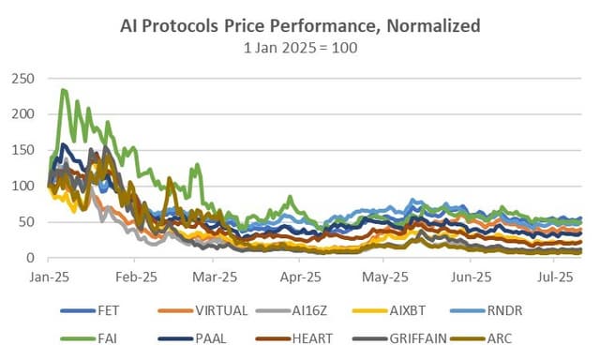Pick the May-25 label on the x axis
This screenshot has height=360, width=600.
click(385, 278)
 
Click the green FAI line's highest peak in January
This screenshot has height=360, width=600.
click(63, 90)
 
